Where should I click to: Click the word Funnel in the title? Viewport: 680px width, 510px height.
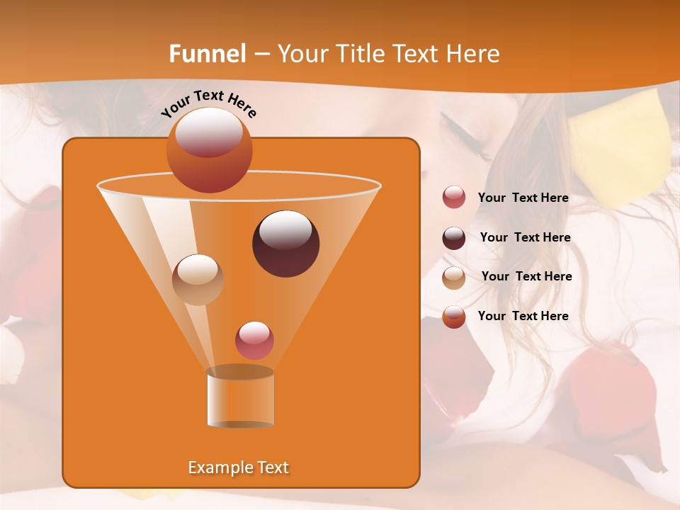tap(207, 54)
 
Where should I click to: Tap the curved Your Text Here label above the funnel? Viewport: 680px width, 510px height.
tap(208, 103)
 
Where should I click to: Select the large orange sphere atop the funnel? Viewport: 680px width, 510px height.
tap(209, 150)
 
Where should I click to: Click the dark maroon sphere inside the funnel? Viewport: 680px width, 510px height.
tap(285, 244)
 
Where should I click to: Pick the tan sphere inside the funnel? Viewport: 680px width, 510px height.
tap(198, 279)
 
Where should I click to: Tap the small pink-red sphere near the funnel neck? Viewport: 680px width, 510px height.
tap(254, 340)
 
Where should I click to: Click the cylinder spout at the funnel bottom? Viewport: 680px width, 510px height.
tap(240, 398)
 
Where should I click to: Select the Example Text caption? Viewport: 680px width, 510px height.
tap(238, 467)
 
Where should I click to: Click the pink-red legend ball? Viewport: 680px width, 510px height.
tap(454, 198)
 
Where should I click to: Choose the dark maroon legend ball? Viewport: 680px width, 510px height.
tap(454, 238)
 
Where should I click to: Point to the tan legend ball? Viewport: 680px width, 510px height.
tap(454, 277)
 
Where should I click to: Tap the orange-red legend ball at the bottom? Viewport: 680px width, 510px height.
tap(454, 317)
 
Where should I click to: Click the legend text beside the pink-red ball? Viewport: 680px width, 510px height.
tap(523, 198)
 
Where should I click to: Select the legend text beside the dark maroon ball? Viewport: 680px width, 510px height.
tap(525, 238)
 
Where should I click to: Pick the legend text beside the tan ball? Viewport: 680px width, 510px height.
tap(526, 277)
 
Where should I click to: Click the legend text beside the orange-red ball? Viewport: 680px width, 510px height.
tap(523, 317)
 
